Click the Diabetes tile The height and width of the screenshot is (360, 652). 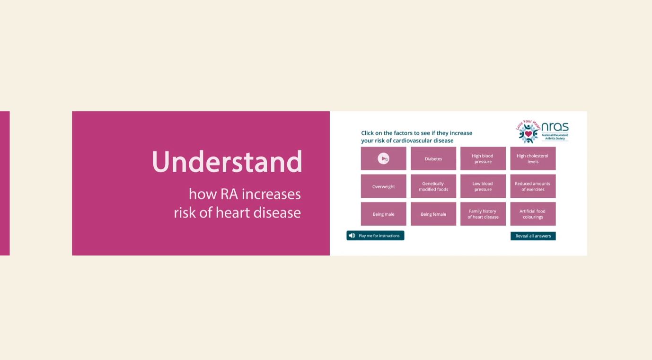433,158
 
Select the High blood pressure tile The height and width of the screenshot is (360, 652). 483,158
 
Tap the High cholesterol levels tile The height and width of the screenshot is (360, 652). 533,158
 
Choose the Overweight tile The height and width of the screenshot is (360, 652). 384,186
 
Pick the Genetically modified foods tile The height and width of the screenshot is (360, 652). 433,186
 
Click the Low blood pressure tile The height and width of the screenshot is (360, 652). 483,186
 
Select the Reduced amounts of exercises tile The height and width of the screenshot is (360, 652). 533,186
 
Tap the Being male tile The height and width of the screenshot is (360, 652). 384,214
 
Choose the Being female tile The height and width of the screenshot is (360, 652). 433,214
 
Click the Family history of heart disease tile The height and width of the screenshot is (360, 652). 483,214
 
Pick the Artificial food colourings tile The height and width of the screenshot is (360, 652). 533,214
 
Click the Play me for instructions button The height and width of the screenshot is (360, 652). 375,236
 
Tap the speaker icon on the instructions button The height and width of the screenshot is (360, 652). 352,236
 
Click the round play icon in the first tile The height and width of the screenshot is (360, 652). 383,158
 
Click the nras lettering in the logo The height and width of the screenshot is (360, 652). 555,127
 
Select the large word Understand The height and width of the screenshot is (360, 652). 227,161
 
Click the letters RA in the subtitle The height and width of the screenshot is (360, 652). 229,194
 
